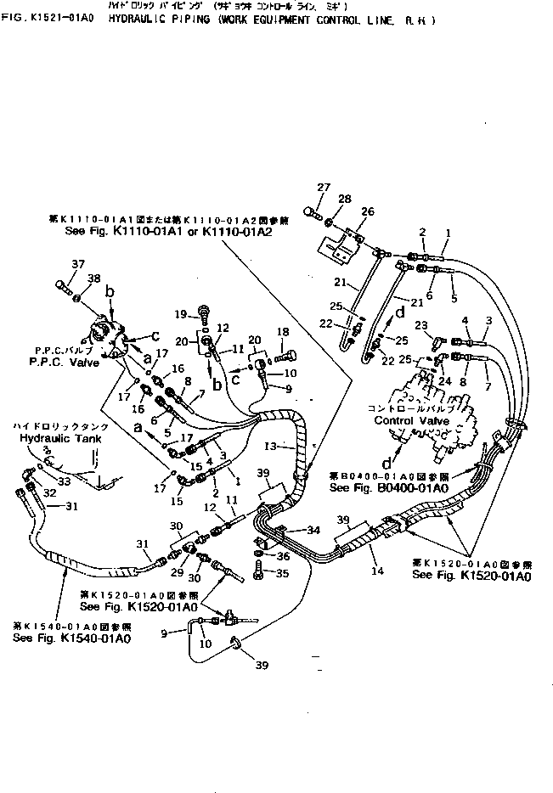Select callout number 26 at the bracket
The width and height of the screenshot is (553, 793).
[367, 211]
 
